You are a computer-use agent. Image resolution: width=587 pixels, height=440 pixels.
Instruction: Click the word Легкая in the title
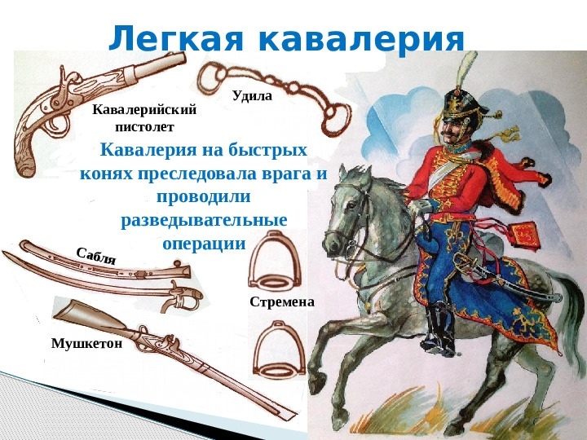coord(176,37)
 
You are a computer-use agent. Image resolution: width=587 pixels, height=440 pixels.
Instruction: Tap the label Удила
coord(252,96)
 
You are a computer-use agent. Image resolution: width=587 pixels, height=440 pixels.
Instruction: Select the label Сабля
coord(96,257)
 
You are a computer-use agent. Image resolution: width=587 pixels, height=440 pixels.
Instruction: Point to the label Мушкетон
coord(87,343)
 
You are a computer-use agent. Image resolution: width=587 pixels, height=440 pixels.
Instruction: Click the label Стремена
coord(282,301)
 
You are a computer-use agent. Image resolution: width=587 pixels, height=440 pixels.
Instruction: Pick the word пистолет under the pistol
coord(144,127)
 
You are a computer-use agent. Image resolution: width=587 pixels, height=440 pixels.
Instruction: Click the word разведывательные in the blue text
coord(204,220)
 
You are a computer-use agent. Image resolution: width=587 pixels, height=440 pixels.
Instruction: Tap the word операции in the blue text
coord(204,244)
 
